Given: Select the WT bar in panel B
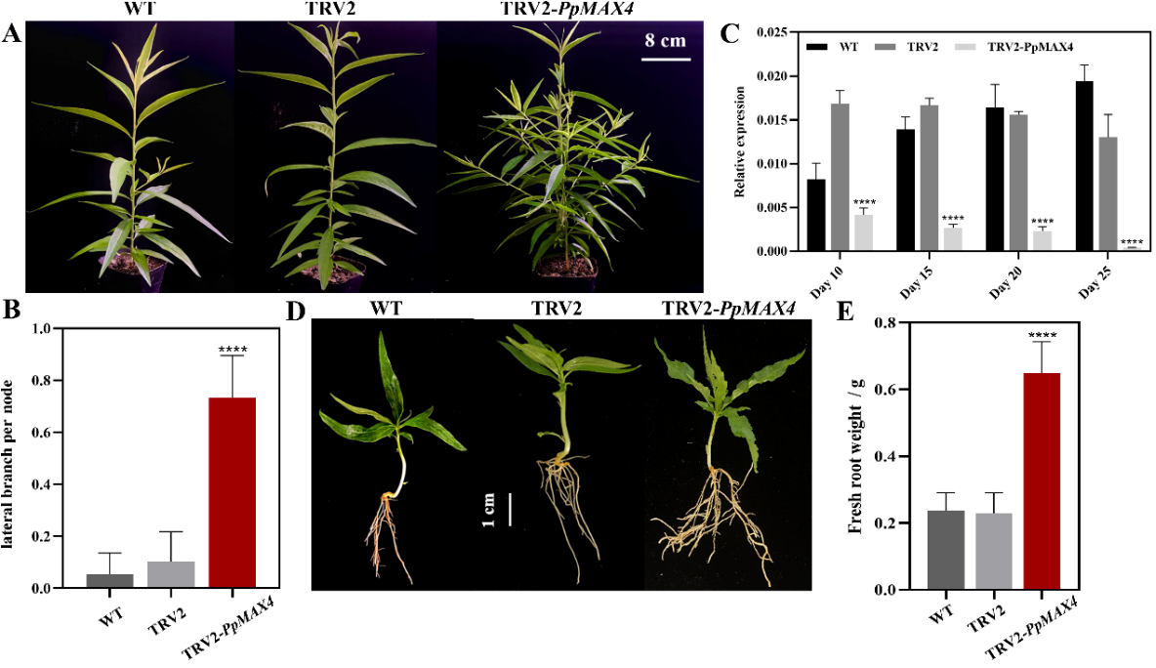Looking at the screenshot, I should point(109,581).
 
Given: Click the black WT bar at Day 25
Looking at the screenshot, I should point(1084,166).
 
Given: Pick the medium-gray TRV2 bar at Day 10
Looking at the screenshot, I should point(840,177).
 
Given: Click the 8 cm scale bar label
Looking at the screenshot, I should point(667,41).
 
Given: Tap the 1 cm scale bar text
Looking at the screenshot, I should point(489,510).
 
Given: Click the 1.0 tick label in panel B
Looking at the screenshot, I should point(42,328).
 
